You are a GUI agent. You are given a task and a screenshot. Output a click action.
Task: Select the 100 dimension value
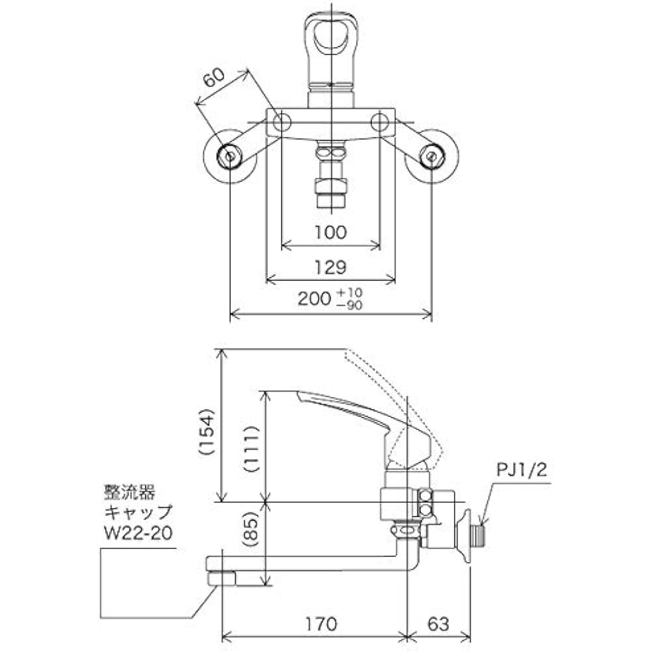(330, 232)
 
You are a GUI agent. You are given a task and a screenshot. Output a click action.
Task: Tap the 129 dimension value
(330, 267)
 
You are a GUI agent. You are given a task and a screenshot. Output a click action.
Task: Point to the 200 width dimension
(314, 299)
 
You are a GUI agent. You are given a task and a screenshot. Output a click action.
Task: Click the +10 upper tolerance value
(350, 292)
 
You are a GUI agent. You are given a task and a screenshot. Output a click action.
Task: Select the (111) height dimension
(252, 449)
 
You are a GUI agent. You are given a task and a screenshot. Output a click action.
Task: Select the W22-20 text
(137, 534)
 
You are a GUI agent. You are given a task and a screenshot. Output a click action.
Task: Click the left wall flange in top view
(229, 156)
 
